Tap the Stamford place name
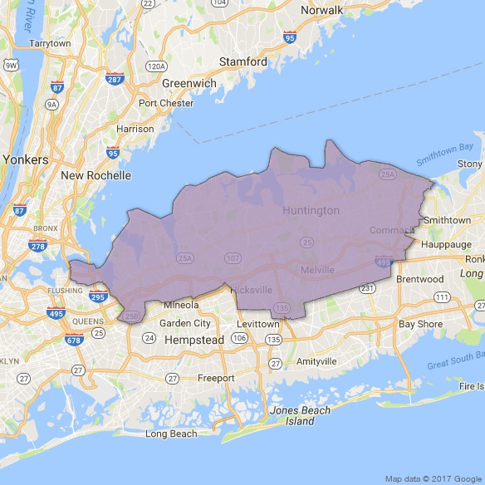pos(242,62)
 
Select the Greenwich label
pos(189,83)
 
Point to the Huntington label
pos(311,210)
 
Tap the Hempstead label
pos(195,340)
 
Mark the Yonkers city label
pos(26,159)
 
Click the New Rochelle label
pos(96,176)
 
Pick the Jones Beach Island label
pos(300,415)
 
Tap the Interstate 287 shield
pos(115,78)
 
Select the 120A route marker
pos(155,66)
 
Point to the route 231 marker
pos(367,287)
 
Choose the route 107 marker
pos(233,259)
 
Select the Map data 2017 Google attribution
pos(432,478)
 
